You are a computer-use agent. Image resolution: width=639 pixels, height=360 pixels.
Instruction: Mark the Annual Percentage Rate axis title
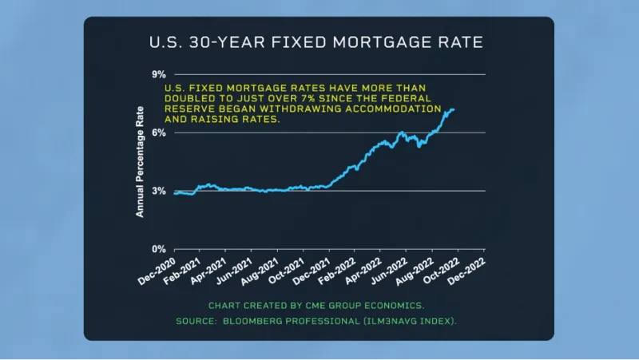point(140,161)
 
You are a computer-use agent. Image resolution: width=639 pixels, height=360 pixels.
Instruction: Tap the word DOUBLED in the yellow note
point(189,97)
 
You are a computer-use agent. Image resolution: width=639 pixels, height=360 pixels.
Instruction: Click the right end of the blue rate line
point(454,109)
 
